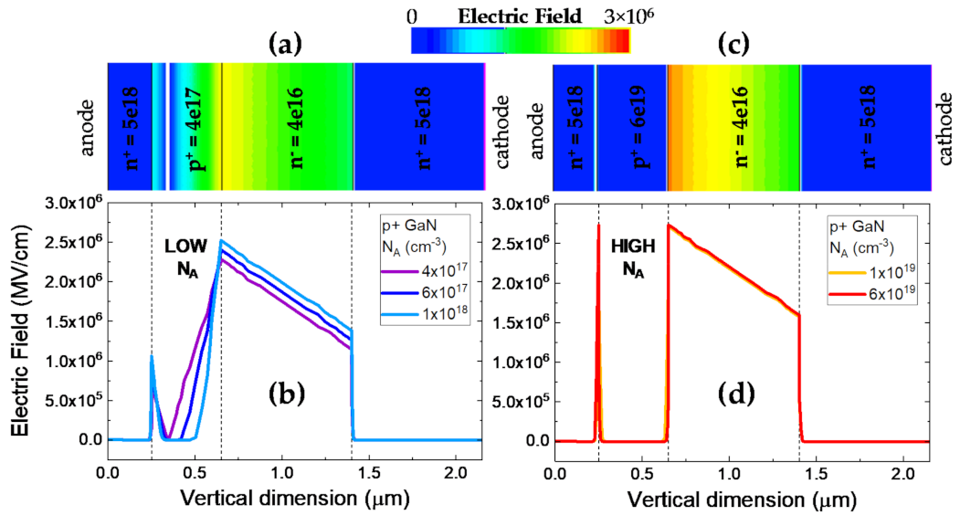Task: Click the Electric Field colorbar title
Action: [x=520, y=16]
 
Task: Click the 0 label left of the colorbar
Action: [x=413, y=16]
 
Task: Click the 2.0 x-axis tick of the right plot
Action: [x=902, y=474]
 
